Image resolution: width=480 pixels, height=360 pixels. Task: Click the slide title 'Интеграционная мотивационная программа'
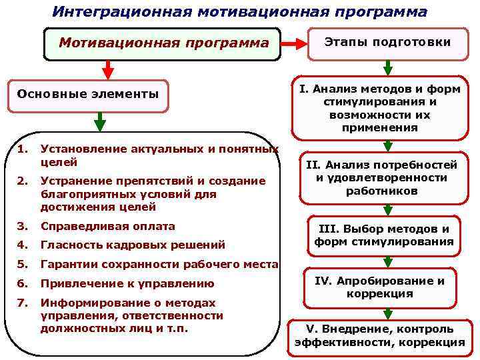pyautogui.click(x=240, y=12)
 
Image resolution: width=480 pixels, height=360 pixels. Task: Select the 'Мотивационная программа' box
pyautogui.click(x=163, y=44)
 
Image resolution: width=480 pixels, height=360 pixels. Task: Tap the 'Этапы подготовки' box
pyautogui.click(x=387, y=42)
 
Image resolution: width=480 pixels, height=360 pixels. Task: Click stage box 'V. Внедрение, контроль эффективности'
pyautogui.click(x=379, y=335)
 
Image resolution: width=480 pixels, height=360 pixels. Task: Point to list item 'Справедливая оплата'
pyautogui.click(x=107, y=226)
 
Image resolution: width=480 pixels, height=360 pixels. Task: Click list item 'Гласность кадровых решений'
pyautogui.click(x=133, y=245)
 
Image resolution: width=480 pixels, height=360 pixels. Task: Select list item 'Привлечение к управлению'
pyautogui.click(x=127, y=283)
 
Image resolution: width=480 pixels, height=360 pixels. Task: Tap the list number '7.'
pyautogui.click(x=23, y=302)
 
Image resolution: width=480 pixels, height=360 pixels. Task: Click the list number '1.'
pyautogui.click(x=23, y=149)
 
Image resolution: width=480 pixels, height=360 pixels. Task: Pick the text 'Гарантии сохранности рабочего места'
pyautogui.click(x=159, y=264)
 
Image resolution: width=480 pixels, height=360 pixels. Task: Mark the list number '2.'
pyautogui.click(x=23, y=181)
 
